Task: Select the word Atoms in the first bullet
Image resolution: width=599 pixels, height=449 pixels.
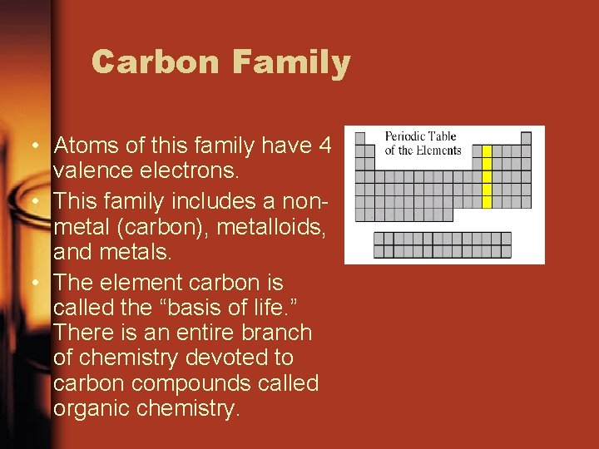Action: coord(85,146)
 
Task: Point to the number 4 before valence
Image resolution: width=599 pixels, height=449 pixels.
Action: coord(325,146)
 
